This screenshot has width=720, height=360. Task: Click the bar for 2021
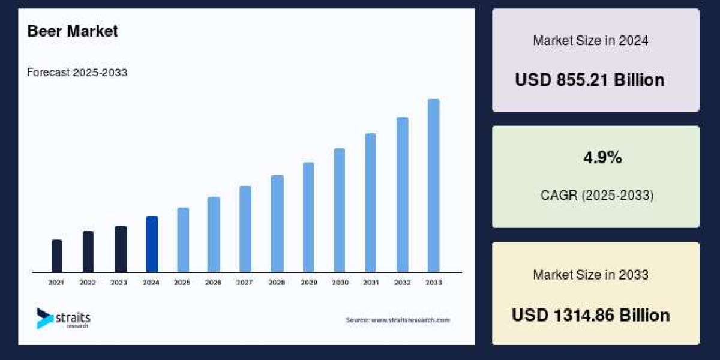click(57, 256)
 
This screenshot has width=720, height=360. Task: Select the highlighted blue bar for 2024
click(152, 244)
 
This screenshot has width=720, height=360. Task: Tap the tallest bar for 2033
click(433, 186)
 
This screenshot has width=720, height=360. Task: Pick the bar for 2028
click(277, 224)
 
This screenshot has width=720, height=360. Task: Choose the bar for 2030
click(340, 210)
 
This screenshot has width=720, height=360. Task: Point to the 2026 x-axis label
click(214, 282)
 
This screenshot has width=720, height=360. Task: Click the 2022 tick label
click(88, 282)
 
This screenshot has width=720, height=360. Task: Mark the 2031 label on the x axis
click(371, 282)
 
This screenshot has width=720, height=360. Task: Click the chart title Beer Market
click(73, 31)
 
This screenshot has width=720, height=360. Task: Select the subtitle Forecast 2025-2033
click(77, 73)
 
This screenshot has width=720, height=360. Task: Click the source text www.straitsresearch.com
click(397, 320)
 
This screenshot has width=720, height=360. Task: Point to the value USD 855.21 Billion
click(590, 80)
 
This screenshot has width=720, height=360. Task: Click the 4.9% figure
click(602, 158)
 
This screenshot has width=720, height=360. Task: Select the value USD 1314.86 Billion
click(590, 315)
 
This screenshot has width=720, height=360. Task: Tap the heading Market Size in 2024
click(590, 41)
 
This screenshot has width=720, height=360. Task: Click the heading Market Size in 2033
click(590, 275)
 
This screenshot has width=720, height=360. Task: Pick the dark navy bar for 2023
click(121, 249)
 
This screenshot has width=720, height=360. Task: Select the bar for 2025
click(183, 240)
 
